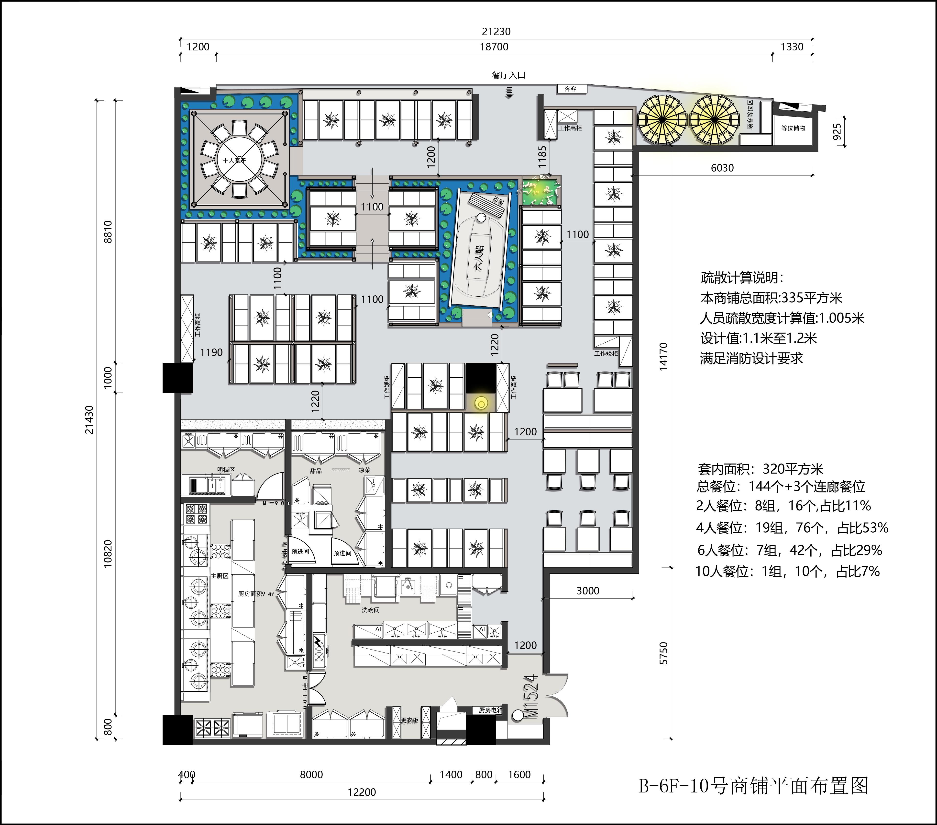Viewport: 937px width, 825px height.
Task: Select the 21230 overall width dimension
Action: [x=496, y=32]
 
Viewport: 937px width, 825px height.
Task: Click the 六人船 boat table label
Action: [x=480, y=260]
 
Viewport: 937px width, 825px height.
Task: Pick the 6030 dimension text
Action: [x=722, y=168]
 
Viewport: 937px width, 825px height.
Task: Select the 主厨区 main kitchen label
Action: [x=220, y=576]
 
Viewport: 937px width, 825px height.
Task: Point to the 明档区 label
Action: [x=226, y=470]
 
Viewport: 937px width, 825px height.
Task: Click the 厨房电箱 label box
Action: [x=490, y=710]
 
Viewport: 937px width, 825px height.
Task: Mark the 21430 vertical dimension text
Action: [x=89, y=419]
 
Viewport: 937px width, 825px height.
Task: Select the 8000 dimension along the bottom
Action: [x=311, y=775]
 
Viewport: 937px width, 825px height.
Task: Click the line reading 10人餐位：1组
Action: [x=787, y=572]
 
